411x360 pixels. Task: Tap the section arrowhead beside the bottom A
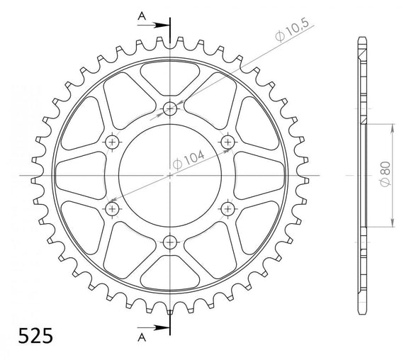coord(162,328)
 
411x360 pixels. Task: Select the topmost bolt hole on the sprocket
coord(170,108)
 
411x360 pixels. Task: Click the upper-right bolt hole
coord(228,142)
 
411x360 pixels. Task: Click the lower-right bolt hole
coord(228,208)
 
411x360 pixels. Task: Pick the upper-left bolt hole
coord(112,142)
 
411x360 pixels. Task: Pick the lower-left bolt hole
coord(112,208)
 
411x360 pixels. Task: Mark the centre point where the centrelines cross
coord(170,175)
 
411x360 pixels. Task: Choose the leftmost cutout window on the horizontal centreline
coord(74,175)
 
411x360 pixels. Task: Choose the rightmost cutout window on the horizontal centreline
coord(266,175)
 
